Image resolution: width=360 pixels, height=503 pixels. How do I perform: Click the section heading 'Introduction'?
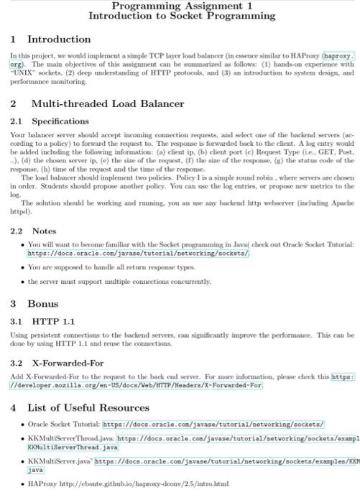(x=59, y=40)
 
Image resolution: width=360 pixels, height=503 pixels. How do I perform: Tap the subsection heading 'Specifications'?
(x=61, y=121)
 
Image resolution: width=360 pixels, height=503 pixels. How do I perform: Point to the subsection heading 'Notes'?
(x=44, y=231)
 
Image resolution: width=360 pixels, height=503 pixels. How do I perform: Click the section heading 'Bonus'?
(x=42, y=304)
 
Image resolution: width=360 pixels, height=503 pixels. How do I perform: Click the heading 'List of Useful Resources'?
(x=93, y=407)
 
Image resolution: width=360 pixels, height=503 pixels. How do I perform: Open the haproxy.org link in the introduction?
(x=338, y=55)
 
